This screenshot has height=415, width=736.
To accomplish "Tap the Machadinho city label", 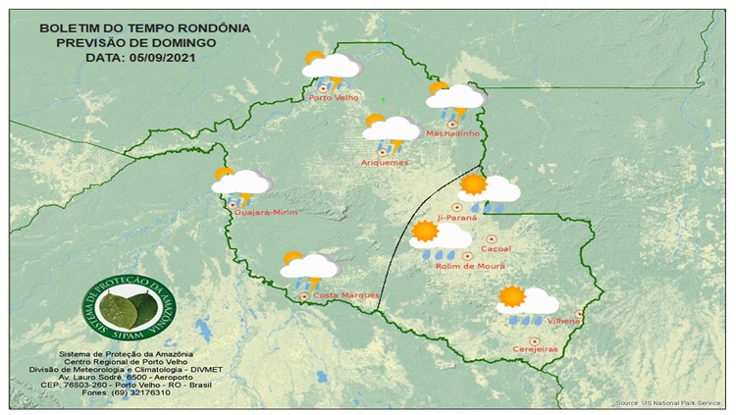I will tap(451, 133).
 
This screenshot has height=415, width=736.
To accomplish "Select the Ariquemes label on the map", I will tap(385, 162).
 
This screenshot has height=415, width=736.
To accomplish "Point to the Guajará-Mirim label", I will tap(265, 212).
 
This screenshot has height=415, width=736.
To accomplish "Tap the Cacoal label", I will tap(497, 249).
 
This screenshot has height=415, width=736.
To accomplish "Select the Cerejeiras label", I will tap(534, 349).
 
